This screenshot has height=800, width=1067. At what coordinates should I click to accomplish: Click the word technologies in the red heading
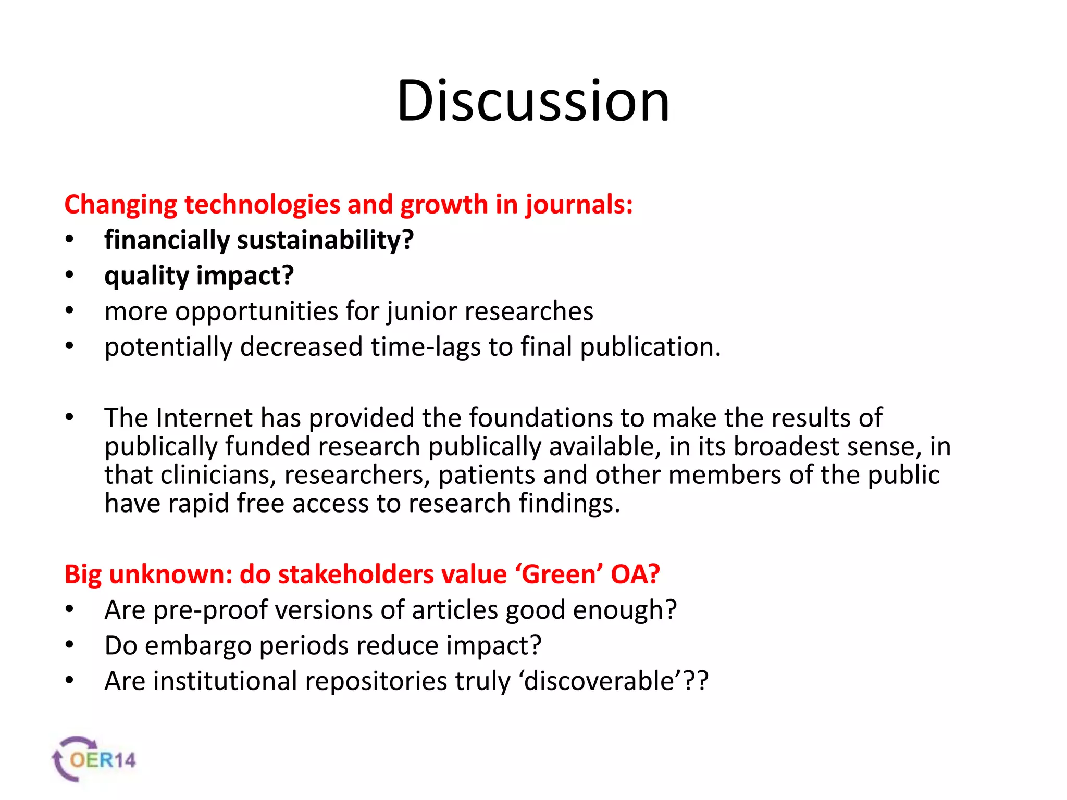(x=263, y=205)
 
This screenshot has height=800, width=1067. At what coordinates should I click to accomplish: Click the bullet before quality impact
(x=70, y=276)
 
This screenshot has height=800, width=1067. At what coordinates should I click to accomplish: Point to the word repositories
(x=376, y=681)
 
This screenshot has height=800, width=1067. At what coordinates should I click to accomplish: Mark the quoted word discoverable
(x=599, y=681)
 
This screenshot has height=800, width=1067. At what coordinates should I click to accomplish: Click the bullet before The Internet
(x=70, y=417)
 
